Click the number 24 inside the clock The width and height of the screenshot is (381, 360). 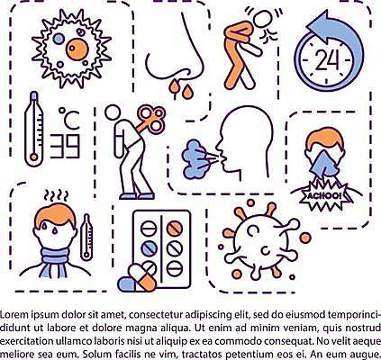pyautogui.click(x=328, y=59)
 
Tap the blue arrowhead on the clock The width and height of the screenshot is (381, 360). pyautogui.click(x=318, y=28)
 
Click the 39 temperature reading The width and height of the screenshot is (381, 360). pyautogui.click(x=65, y=146)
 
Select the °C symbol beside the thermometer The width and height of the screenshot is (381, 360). pyautogui.click(x=69, y=119)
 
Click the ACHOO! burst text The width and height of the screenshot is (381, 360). pyautogui.click(x=323, y=196)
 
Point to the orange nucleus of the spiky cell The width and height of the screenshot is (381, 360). pyautogui.click(x=77, y=49)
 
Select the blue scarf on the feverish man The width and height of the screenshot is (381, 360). pyautogui.click(x=55, y=261)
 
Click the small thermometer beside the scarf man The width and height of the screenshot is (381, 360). pyautogui.click(x=86, y=237)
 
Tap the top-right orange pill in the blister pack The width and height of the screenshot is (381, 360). pyautogui.click(x=175, y=229)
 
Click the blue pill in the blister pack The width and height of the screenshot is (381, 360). pyautogui.click(x=149, y=248)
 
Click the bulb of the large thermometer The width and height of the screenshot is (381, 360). pyautogui.click(x=34, y=157)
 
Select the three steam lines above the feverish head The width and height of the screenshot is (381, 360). pyautogui.click(x=56, y=195)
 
